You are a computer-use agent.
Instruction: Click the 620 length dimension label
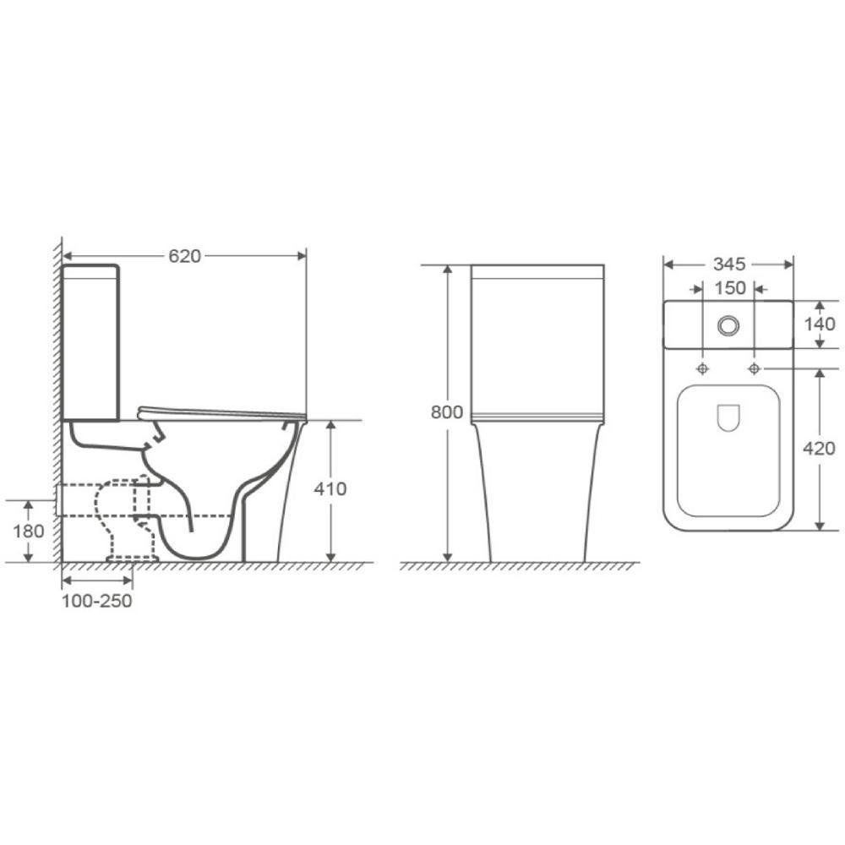[185, 256]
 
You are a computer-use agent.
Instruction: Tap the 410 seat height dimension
[330, 488]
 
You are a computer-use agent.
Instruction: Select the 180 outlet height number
[29, 532]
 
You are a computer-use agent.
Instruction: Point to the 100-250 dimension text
[96, 601]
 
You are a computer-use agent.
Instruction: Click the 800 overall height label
[447, 412]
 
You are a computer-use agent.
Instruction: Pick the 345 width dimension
[729, 264]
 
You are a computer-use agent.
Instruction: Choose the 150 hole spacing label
[730, 288]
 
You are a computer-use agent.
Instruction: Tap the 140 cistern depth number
[819, 324]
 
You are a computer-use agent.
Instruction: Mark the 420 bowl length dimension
[819, 448]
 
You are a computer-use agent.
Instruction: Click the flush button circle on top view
[728, 325]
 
